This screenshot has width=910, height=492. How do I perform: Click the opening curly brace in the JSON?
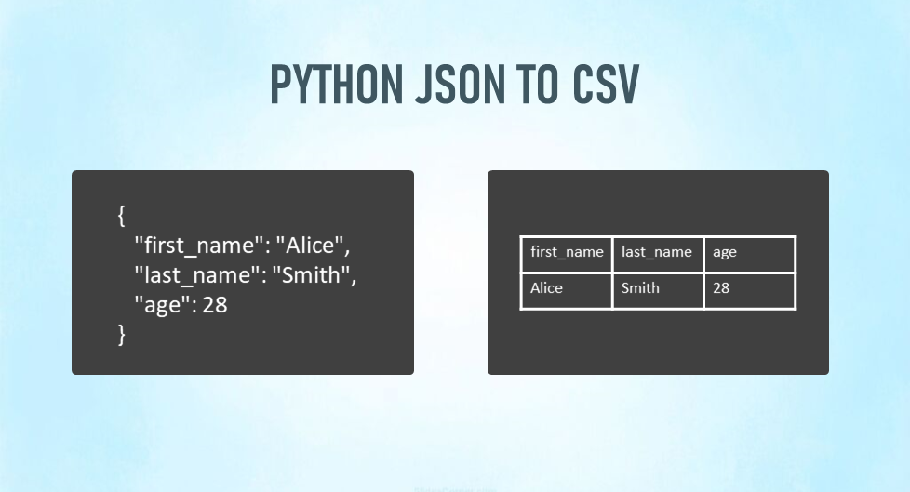(x=122, y=216)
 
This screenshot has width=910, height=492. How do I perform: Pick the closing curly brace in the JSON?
(x=122, y=334)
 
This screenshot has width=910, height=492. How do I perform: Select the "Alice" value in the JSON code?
(x=312, y=246)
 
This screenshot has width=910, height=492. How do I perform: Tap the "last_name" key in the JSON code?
(x=198, y=275)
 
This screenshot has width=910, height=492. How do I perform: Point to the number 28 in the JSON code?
(x=214, y=304)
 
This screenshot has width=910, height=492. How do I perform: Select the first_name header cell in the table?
(x=567, y=252)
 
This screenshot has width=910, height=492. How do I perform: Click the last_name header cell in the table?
(x=657, y=252)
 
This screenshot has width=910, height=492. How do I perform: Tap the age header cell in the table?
(x=748, y=252)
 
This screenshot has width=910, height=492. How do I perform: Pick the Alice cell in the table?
(x=567, y=288)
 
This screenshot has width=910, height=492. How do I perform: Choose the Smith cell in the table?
(x=657, y=288)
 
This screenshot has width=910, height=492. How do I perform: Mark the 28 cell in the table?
(x=748, y=288)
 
